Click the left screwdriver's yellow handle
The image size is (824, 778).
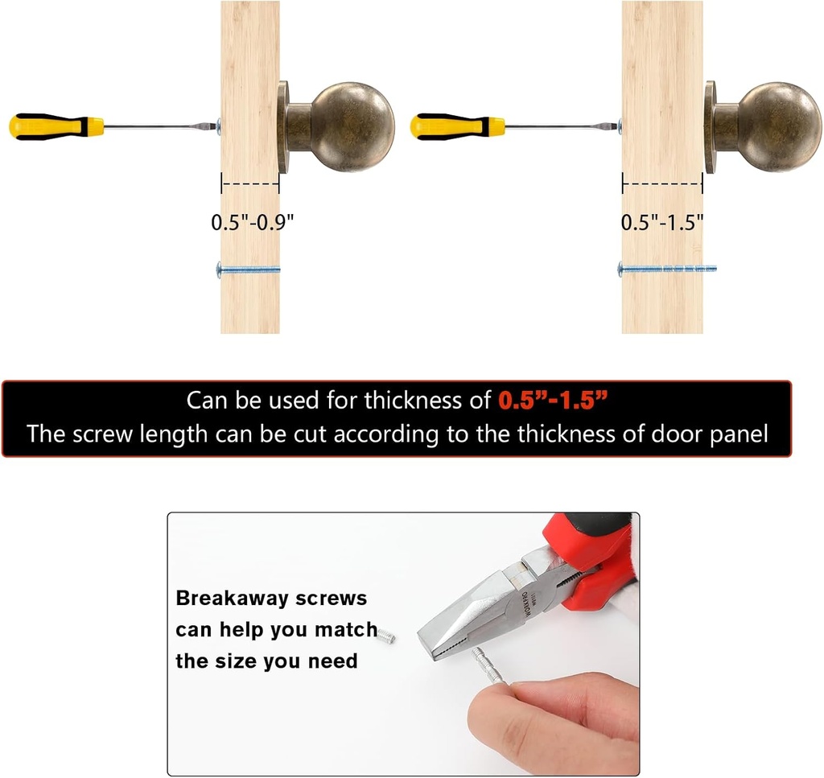pyautogui.click(x=56, y=126)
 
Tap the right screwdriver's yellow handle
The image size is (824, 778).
pyautogui.click(x=457, y=126)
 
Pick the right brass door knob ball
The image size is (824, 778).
pyautogui.click(x=781, y=126)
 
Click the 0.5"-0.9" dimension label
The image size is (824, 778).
pyautogui.click(x=252, y=222)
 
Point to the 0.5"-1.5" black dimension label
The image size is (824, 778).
pyautogui.click(x=662, y=222)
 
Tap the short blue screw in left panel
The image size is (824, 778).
pyautogui.click(x=248, y=270)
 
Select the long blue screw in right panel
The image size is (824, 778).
pyautogui.click(x=667, y=269)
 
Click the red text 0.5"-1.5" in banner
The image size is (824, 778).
pyautogui.click(x=553, y=401)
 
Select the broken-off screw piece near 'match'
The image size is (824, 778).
pyautogui.click(x=386, y=636)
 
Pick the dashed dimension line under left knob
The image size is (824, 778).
pyautogui.click(x=250, y=184)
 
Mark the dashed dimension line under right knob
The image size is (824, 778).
pyautogui.click(x=662, y=184)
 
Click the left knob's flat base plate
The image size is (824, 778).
pyautogui.click(x=284, y=127)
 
